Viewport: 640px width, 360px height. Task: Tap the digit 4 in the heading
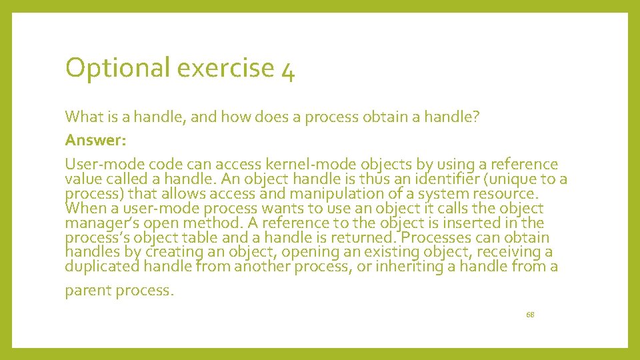288,69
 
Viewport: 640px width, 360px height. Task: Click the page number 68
530,314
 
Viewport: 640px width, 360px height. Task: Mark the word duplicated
104,267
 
